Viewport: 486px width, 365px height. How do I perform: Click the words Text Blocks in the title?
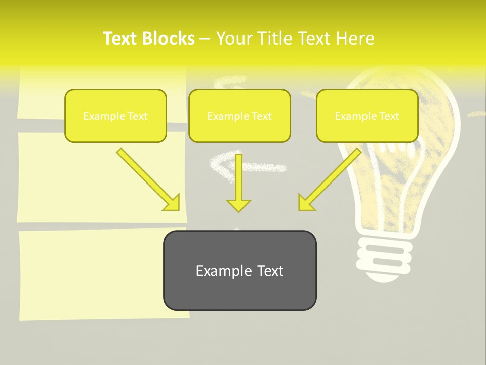pyautogui.click(x=148, y=39)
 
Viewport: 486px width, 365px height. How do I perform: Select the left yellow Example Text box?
pyautogui.click(x=115, y=116)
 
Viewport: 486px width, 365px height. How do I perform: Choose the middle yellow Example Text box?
pyautogui.click(x=239, y=116)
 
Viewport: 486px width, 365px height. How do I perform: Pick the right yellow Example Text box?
pyautogui.click(x=367, y=116)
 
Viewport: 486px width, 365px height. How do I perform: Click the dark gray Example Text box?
pyautogui.click(x=239, y=270)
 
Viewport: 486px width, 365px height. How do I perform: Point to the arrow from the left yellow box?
pyautogui.click(x=147, y=178)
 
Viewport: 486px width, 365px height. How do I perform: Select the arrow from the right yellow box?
pyautogui.click(x=331, y=178)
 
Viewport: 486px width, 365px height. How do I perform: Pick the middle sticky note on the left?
pyautogui.click(x=101, y=177)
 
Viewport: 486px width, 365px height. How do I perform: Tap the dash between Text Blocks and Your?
pyautogui.click(x=205, y=39)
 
